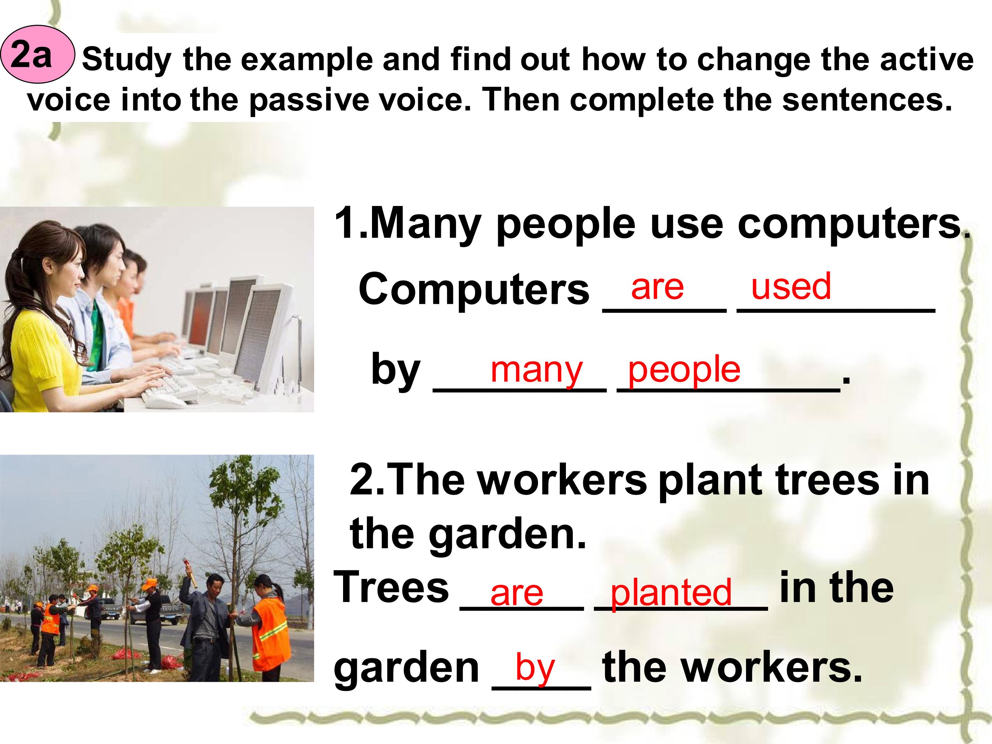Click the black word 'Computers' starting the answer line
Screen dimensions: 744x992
pos(474,290)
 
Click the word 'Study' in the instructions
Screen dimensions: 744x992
pos(126,60)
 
